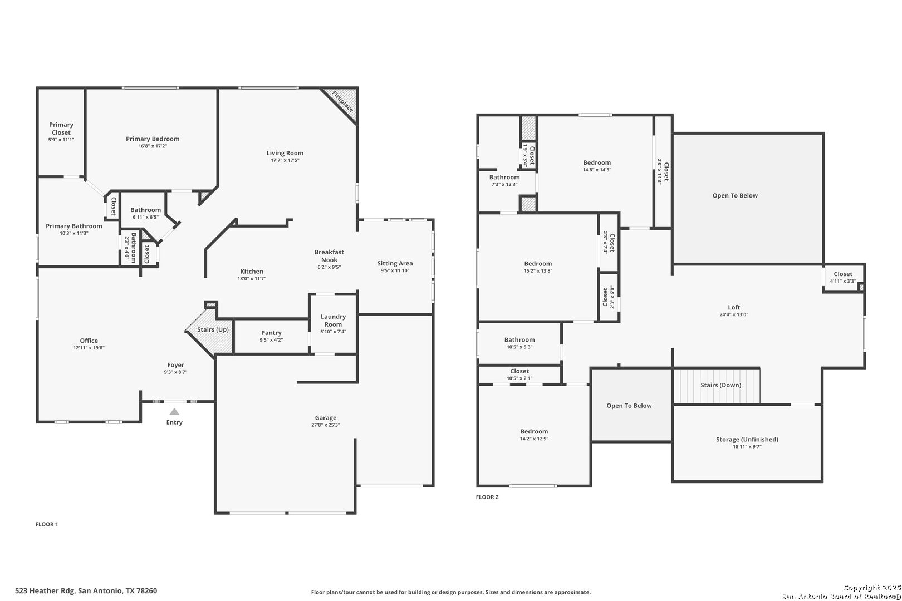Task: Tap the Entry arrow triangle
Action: [174, 412]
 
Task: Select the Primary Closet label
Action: [61, 129]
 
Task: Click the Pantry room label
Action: [271, 333]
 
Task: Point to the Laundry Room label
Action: [333, 321]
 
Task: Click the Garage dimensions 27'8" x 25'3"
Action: [326, 425]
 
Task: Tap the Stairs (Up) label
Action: [213, 330]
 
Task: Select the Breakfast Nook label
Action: [329, 256]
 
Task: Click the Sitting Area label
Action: [395, 263]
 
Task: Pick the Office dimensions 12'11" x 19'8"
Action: [89, 348]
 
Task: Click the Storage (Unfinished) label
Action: [747, 439]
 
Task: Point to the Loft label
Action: [734, 307]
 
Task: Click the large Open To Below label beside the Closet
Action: [735, 196]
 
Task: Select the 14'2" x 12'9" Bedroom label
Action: [534, 431]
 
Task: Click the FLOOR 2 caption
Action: [487, 497]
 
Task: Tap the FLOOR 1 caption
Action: [47, 524]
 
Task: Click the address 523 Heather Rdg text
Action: [86, 590]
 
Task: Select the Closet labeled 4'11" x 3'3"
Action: [842, 274]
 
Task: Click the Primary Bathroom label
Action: [74, 226]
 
